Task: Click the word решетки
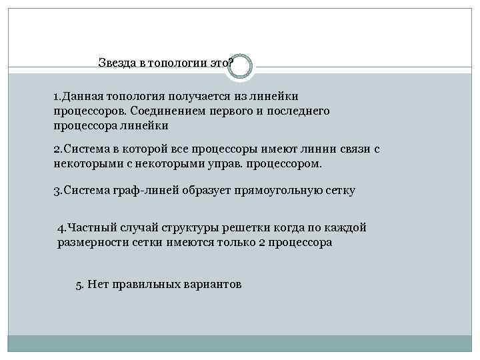pyautogui.click(x=224, y=228)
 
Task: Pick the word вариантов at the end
pyautogui.click(x=215, y=285)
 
